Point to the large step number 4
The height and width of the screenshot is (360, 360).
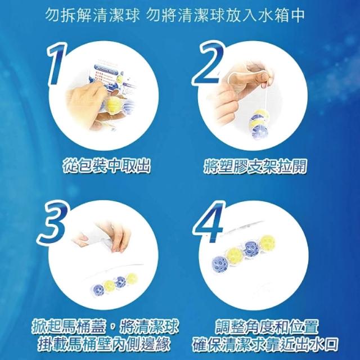point(209,222)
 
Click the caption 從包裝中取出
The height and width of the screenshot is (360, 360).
point(106,165)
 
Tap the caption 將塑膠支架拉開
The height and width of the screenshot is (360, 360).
point(255,165)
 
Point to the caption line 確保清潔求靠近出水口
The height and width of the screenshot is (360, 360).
point(265,344)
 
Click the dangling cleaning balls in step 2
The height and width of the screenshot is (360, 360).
point(258,124)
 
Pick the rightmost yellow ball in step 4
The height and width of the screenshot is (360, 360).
point(267,242)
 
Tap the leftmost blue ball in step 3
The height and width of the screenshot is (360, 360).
point(98,290)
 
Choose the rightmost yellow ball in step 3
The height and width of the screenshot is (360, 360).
point(132,279)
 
